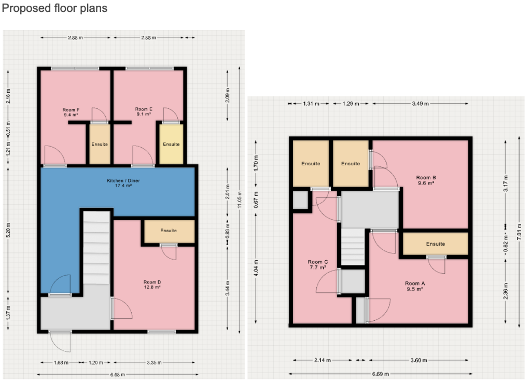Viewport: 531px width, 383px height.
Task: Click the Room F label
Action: click(x=71, y=110)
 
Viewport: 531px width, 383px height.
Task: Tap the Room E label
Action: click(x=144, y=109)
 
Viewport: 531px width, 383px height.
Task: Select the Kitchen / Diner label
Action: click(x=123, y=181)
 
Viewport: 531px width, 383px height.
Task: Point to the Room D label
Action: click(x=152, y=282)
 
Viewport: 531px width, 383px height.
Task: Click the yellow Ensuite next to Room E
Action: click(x=171, y=144)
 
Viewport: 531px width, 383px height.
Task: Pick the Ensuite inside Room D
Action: click(x=169, y=231)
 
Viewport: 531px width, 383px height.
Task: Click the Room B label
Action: click(x=426, y=178)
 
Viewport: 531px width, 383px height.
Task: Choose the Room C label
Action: click(x=318, y=262)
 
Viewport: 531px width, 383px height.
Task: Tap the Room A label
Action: click(x=415, y=283)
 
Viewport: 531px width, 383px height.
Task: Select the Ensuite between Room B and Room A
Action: click(x=436, y=244)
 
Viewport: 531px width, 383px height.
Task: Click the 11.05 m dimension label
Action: click(x=240, y=200)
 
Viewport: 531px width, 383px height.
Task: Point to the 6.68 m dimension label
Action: click(x=118, y=375)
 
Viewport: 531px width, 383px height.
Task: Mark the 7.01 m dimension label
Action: click(x=519, y=232)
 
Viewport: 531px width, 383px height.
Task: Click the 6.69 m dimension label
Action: click(x=381, y=374)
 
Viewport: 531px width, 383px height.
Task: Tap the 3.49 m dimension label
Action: click(x=420, y=104)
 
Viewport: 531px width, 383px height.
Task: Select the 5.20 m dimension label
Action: click(x=8, y=230)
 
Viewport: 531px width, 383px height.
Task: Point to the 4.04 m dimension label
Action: click(x=256, y=267)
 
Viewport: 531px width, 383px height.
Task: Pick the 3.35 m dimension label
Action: click(x=154, y=362)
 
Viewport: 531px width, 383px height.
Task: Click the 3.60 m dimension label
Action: click(x=419, y=360)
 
